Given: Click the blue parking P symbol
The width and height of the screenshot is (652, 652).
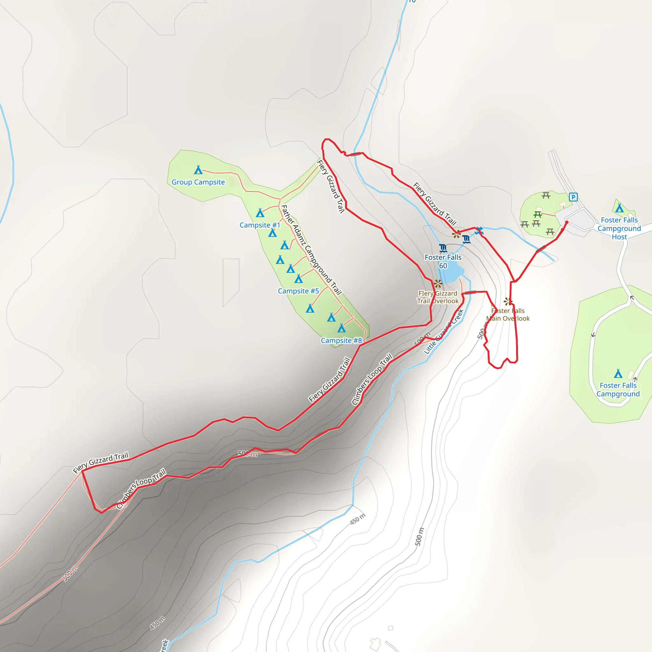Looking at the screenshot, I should tap(573, 197).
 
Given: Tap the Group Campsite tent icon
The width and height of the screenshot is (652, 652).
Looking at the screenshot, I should tap(198, 170).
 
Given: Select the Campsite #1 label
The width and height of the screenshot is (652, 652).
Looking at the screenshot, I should tap(259, 225).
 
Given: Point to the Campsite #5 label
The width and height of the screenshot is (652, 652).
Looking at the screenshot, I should tap(298, 291).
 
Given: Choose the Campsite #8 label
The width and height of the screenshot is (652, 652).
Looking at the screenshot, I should tap(341, 341).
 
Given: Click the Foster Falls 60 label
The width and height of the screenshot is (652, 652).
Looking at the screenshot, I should tap(443, 262).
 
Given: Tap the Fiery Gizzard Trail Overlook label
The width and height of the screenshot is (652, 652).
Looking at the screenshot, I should tap(438, 297).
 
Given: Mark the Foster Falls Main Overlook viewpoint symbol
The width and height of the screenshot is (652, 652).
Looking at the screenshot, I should tap(507, 301).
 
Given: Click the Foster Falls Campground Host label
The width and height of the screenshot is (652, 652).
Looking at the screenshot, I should tap(619, 229).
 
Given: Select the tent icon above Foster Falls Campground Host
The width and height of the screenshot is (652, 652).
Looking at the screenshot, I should tap(619, 208).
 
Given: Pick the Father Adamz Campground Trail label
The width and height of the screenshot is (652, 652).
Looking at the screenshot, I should tap(311, 250).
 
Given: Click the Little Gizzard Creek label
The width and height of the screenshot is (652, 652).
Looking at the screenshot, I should tap(443, 332).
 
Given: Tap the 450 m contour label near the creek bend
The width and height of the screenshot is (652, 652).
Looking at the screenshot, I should tap(358, 519).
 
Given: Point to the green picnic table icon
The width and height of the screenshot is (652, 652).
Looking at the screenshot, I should tap(538, 214).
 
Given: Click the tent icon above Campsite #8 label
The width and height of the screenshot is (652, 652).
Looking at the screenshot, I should tap(342, 328).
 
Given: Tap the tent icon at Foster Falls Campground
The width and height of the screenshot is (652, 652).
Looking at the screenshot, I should tap(618, 373).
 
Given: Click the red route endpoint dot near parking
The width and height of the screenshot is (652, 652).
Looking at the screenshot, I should tap(567, 223).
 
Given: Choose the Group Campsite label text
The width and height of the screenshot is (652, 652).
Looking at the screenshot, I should tap(198, 182).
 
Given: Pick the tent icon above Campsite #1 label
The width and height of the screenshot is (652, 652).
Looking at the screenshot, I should tap(260, 213).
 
